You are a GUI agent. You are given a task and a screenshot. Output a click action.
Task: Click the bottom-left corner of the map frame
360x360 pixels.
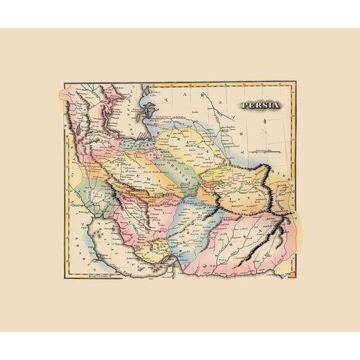pyautogui.click(x=63, y=280)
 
